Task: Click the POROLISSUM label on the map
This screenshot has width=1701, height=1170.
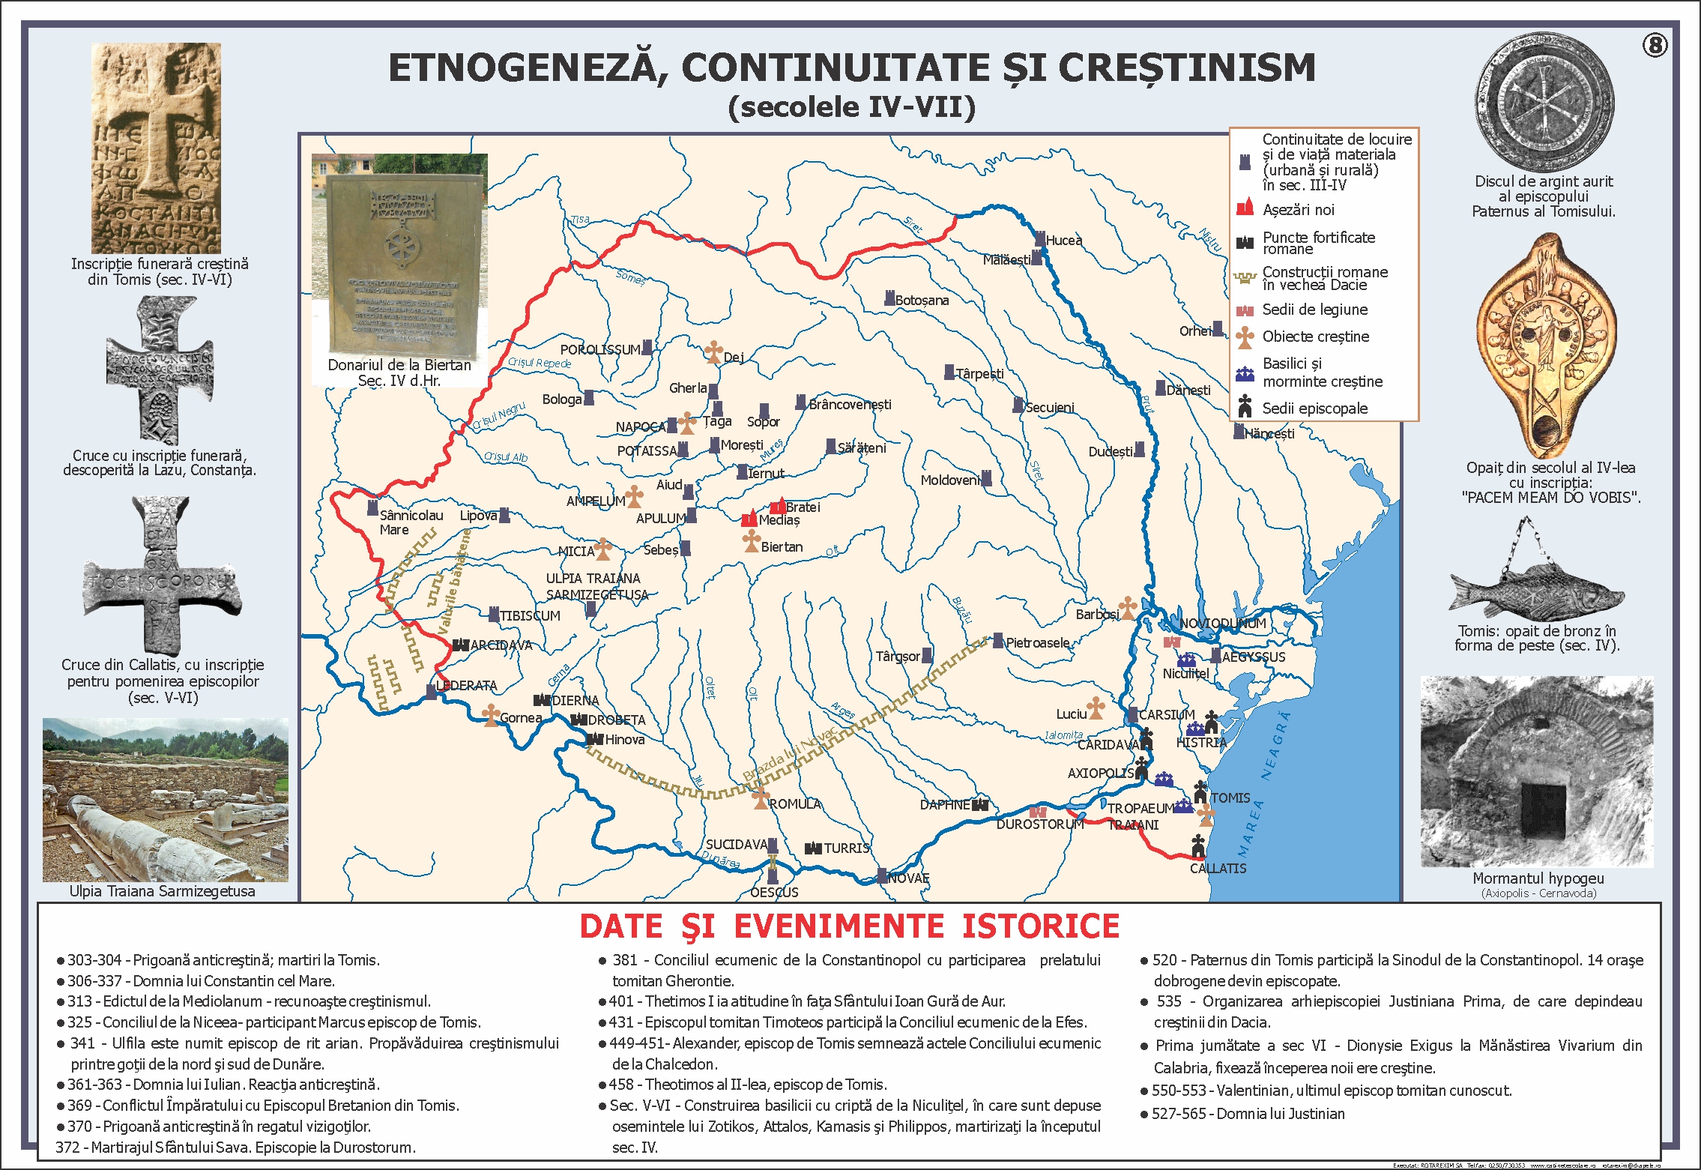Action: (599, 350)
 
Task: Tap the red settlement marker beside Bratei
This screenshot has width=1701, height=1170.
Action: (779, 506)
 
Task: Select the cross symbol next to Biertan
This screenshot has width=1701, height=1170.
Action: (751, 540)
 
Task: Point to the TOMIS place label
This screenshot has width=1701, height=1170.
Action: (1230, 798)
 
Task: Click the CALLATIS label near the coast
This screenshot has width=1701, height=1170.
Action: (1218, 869)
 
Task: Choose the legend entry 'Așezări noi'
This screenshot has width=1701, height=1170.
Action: (1298, 210)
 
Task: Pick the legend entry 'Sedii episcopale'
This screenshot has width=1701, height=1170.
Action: (1314, 408)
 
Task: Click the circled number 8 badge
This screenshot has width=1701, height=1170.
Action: (1655, 46)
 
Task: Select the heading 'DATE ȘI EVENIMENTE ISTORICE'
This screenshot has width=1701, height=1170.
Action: (849, 926)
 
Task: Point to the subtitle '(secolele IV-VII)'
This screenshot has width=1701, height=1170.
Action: (851, 107)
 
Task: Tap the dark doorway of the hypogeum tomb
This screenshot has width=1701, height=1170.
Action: (1543, 811)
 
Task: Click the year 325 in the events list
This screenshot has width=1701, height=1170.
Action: (79, 1022)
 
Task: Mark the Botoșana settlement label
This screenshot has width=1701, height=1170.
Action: (921, 301)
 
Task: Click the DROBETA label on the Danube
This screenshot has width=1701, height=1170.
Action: (616, 720)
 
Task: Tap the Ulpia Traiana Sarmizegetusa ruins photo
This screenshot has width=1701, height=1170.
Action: (165, 800)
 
